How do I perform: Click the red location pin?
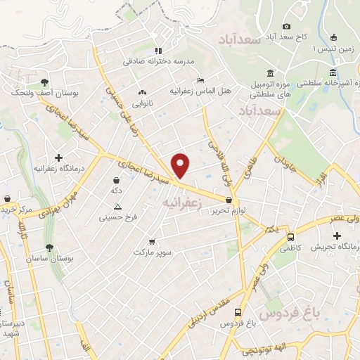[x=181, y=165]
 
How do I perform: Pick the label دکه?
[x=116, y=191]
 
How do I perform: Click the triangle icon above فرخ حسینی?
[x=117, y=206]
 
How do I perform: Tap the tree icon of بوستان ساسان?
[x=49, y=248]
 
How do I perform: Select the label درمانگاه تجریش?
[x=340, y=247]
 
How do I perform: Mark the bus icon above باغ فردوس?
[x=238, y=312]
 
